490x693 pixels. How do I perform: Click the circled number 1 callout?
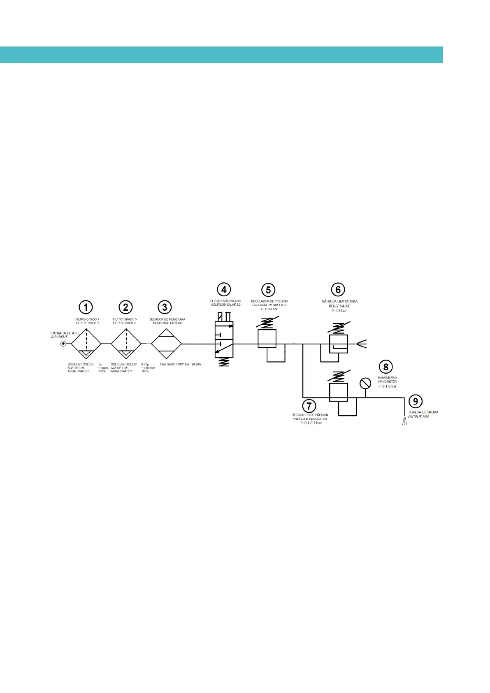[x=86, y=307]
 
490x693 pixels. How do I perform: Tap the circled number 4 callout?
[x=224, y=289]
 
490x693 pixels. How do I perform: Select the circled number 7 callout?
[x=309, y=406]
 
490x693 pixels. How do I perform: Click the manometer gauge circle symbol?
[x=365, y=384]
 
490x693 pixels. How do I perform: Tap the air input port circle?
[x=63, y=344]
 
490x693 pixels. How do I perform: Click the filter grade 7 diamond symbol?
[x=86, y=344]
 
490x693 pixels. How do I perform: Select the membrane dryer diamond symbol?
[x=166, y=344]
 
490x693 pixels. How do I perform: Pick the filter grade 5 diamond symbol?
[x=126, y=344]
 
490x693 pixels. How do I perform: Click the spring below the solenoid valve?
[x=223, y=362]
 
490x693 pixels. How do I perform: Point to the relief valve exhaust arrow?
[x=361, y=344]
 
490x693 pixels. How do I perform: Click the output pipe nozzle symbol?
[x=404, y=421]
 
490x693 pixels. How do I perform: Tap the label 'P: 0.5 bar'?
[x=339, y=311]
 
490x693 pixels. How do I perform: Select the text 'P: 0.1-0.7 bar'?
[x=311, y=423]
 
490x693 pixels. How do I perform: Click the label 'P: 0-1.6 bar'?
[x=388, y=386]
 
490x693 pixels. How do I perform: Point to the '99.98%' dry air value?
[x=196, y=364]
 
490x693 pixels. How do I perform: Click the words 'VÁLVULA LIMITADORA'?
[x=339, y=301]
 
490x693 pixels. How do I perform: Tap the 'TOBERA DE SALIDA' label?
[x=423, y=412]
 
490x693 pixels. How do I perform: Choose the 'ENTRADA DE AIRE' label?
[x=65, y=333]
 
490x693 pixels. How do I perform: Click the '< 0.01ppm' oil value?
[x=148, y=368]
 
